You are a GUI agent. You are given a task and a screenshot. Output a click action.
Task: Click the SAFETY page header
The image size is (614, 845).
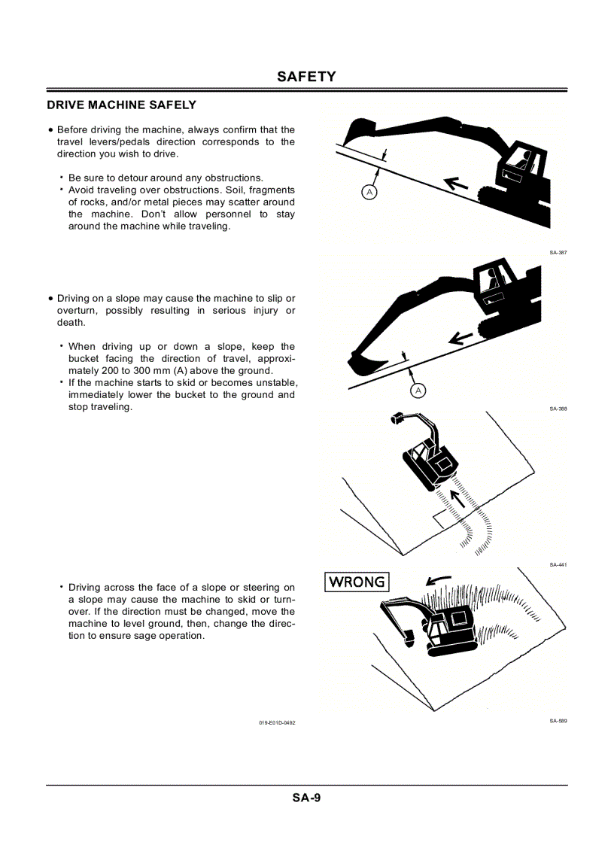click(x=306, y=77)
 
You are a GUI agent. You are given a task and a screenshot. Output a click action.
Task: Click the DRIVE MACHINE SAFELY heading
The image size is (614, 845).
click(x=121, y=105)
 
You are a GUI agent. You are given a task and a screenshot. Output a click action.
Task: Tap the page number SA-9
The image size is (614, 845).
click(x=306, y=798)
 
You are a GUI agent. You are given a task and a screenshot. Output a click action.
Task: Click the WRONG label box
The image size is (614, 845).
click(x=357, y=582)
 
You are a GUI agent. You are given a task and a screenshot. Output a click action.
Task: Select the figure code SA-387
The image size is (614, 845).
click(x=558, y=253)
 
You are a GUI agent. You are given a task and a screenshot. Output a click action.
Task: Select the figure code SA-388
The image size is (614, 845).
click(x=558, y=409)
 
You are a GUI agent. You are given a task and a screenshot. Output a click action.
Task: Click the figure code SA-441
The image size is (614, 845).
click(x=558, y=564)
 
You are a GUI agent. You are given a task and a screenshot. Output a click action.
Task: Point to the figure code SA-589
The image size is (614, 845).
click(x=558, y=721)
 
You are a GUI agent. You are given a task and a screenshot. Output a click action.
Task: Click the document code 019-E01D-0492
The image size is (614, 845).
click(x=277, y=722)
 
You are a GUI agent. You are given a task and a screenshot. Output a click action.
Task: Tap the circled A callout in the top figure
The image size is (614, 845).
click(x=369, y=192)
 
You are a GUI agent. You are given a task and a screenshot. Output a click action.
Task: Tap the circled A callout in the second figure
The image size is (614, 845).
click(x=418, y=391)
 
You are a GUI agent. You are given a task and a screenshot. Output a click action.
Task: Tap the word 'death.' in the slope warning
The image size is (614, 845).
click(x=71, y=323)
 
